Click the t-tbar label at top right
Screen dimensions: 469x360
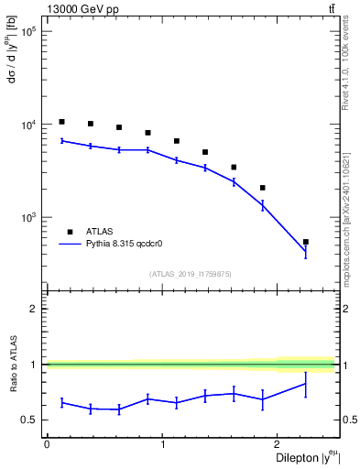tap(332, 9)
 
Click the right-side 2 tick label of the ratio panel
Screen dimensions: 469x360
tap(347, 310)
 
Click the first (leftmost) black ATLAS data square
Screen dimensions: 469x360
tap(61, 122)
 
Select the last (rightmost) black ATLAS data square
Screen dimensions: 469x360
tap(306, 242)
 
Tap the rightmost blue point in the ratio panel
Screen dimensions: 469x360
tap(306, 383)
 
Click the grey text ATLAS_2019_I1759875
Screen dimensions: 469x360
tap(191, 273)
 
